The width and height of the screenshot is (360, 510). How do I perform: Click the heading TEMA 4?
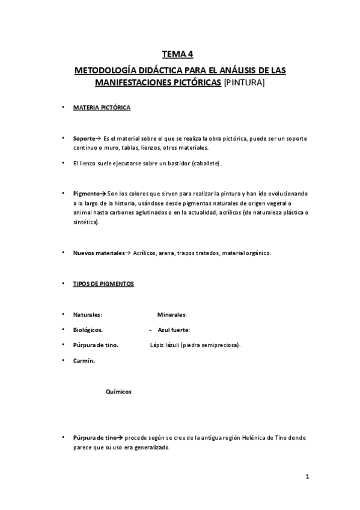(180, 54)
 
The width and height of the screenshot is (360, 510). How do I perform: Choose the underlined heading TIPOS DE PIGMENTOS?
(103, 284)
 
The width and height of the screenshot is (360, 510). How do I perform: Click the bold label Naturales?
(87, 315)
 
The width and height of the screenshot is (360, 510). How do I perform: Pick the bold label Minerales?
(172, 315)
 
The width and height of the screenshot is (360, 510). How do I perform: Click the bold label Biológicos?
(88, 330)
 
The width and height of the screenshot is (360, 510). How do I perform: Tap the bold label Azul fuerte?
(174, 330)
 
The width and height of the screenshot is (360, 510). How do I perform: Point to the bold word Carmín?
(84, 361)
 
